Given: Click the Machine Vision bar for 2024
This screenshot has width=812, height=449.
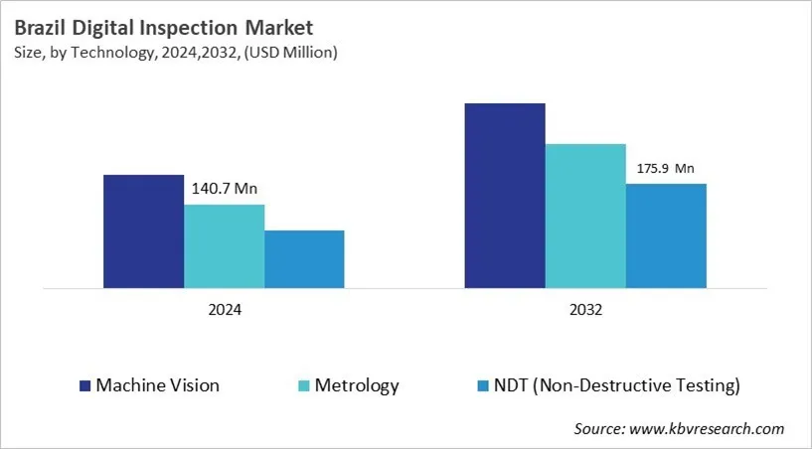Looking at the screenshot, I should click(143, 231).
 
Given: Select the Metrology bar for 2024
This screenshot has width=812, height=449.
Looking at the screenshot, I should click(224, 246).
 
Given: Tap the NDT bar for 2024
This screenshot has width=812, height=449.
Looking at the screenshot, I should click(304, 259).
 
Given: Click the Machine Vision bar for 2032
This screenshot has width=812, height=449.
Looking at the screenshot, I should click(505, 196).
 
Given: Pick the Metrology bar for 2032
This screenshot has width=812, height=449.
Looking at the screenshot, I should click(585, 216).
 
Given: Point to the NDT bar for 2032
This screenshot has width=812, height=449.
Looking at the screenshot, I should click(666, 235).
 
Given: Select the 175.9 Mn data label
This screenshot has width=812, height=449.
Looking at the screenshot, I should click(666, 168).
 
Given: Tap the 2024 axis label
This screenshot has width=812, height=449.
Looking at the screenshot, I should click(224, 309).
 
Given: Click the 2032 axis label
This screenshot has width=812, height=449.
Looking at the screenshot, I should click(585, 309).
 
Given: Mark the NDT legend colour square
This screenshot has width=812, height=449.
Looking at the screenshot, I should click(483, 385).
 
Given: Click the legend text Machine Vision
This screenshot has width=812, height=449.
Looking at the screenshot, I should click(157, 385).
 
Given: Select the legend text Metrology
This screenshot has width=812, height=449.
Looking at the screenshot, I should click(359, 385).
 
